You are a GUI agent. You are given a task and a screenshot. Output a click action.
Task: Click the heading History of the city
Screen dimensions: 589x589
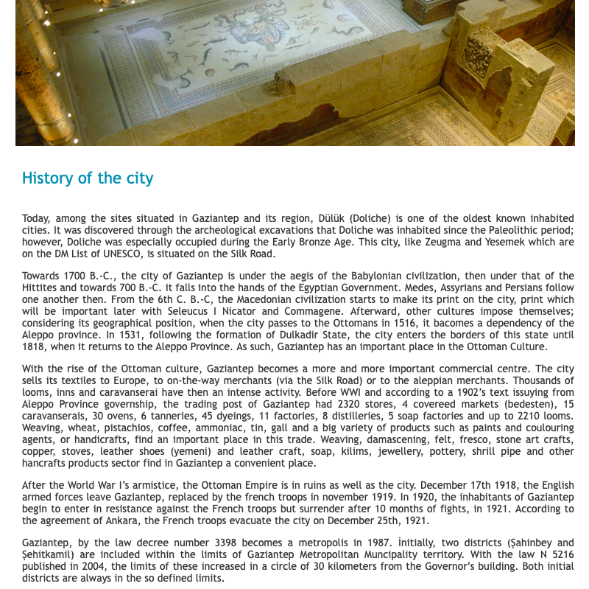(x=88, y=178)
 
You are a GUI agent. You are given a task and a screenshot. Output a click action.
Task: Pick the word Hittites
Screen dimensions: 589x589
(x=41, y=288)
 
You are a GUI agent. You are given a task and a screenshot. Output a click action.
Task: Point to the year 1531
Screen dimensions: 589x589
(x=118, y=335)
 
